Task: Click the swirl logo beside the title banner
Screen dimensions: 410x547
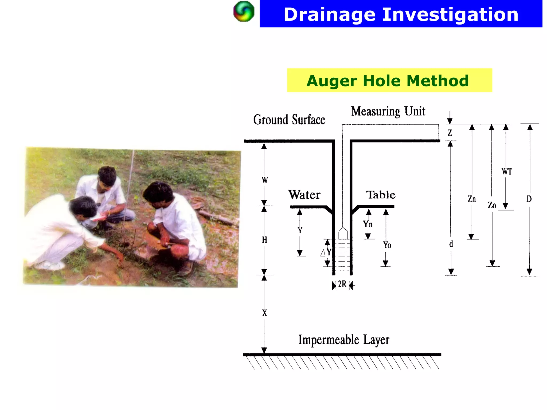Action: [x=244, y=12]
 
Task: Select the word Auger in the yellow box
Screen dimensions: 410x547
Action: [x=331, y=81]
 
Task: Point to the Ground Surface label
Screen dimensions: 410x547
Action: [x=289, y=120]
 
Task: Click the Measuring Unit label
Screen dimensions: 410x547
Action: [x=388, y=111]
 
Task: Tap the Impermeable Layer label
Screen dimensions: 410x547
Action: [x=344, y=340]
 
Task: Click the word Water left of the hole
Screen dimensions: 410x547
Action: [x=304, y=195]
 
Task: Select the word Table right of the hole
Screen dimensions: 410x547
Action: [x=381, y=195]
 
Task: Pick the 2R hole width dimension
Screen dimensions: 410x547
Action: [x=342, y=284]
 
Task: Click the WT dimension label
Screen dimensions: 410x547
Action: [x=507, y=171]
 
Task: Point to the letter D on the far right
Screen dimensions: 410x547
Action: [x=529, y=199]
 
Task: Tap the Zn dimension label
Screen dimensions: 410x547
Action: [x=472, y=199]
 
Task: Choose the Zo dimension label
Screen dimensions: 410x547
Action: [x=492, y=205]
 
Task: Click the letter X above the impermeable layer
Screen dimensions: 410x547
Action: [x=264, y=313]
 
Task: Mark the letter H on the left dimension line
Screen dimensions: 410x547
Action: [x=264, y=240]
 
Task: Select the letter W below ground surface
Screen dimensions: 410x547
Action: [x=264, y=180]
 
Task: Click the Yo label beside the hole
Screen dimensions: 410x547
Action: [x=387, y=245]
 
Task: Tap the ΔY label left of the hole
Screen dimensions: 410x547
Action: [x=326, y=252]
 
